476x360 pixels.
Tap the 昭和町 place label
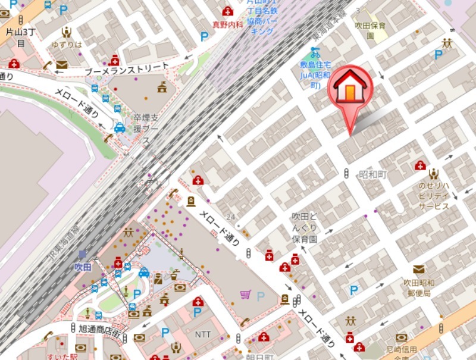[373, 174]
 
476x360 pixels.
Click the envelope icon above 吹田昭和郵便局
[419, 270]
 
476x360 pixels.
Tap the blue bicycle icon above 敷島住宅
[315, 52]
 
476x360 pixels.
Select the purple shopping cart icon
[245, 294]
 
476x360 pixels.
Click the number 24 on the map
[231, 216]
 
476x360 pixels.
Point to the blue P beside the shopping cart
[260, 295]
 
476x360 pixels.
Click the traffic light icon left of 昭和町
[347, 173]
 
